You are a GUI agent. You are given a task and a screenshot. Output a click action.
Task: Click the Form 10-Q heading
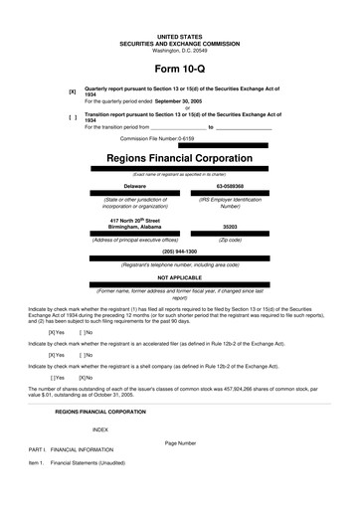coord(179,71)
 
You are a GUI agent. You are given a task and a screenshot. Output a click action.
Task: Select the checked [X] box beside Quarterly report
coord(72,92)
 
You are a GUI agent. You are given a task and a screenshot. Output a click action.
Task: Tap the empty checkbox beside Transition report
coord(72,118)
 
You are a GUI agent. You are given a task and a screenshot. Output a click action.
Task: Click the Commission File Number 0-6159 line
coord(150,138)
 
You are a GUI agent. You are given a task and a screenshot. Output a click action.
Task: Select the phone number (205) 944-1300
coord(179,252)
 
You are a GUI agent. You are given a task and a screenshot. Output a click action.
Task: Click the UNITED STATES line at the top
coord(179,36)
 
